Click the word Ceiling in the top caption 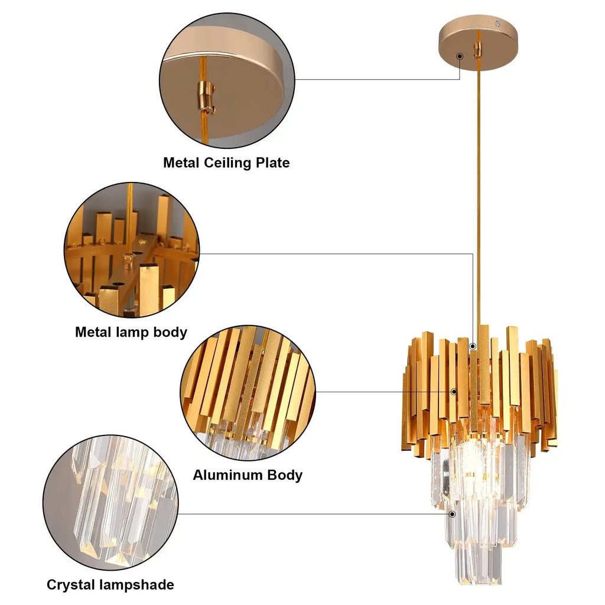coord(227,163)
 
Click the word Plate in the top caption coord(273,162)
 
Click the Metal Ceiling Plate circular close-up coord(227,80)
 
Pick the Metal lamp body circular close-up coord(132,250)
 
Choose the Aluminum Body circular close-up coord(248,393)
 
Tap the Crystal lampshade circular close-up coord(110,502)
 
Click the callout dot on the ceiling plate coord(460,56)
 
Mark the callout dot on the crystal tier coord(453,514)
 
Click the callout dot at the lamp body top coord(473,347)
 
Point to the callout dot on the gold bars coord(454,392)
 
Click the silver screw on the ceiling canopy coord(498,24)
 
